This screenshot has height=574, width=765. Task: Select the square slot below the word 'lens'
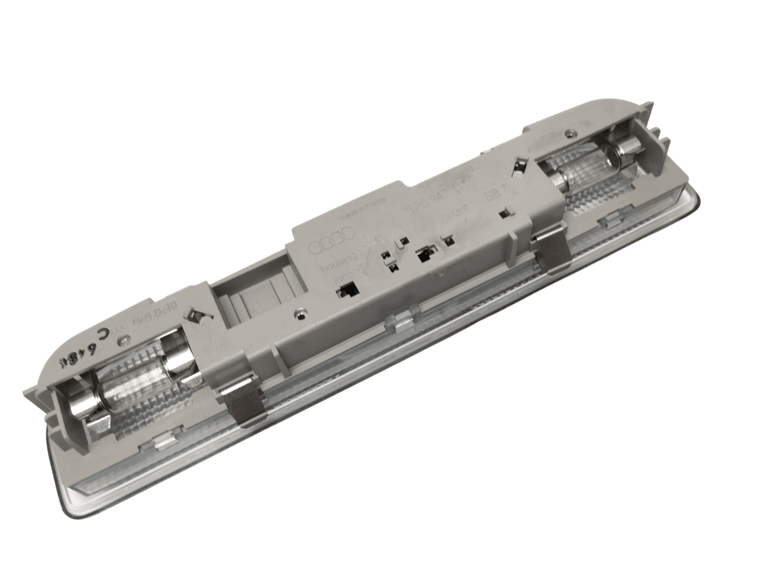pyautogui.click(x=347, y=291)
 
